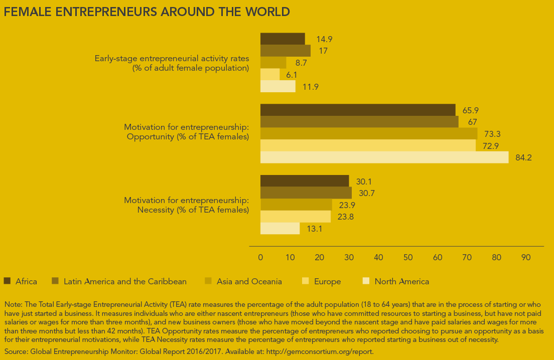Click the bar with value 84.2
pos(384,157)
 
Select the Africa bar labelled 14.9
pos(283,39)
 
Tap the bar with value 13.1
pos(280,229)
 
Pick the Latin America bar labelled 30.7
pos(306,193)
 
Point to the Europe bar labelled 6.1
pos(270,75)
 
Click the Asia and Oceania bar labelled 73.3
pos(369,134)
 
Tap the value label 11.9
pos(310,87)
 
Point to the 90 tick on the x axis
pos(526,257)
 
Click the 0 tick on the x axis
pos(260,257)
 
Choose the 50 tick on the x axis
pos(408,257)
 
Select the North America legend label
pos(402,281)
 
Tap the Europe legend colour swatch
pos(306,281)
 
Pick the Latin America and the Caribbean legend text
pos(125,281)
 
